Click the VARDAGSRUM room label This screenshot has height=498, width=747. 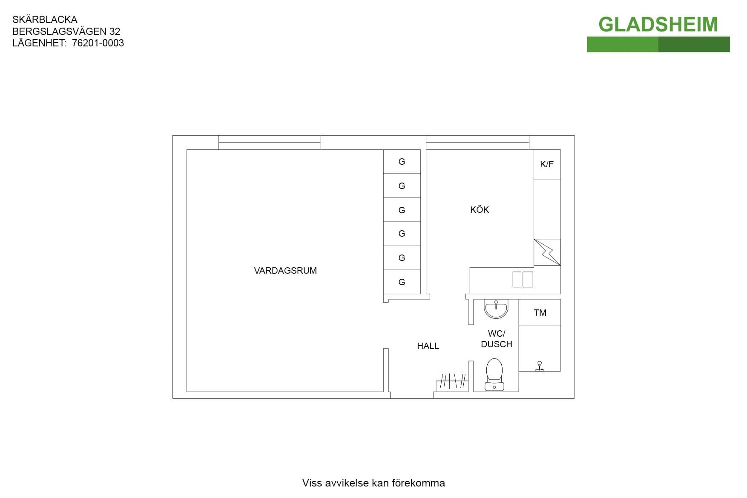285,271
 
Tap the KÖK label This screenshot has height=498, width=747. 480,209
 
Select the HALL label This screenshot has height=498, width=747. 428,346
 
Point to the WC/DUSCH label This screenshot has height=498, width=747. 497,339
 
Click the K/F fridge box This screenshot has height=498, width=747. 547,164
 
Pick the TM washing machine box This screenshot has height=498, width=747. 540,312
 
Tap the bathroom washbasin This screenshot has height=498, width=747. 496,309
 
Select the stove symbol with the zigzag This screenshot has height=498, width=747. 547,252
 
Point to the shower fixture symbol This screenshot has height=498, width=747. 540,366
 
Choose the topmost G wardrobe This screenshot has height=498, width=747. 402,161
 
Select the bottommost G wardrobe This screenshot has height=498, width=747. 402,282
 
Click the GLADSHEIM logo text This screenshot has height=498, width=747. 658,25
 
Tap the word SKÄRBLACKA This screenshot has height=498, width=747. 45,20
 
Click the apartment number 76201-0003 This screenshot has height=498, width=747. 98,43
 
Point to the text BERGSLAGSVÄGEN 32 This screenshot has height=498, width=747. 66,31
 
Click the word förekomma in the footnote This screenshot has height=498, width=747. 418,483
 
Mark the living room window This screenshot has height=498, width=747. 270,143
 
